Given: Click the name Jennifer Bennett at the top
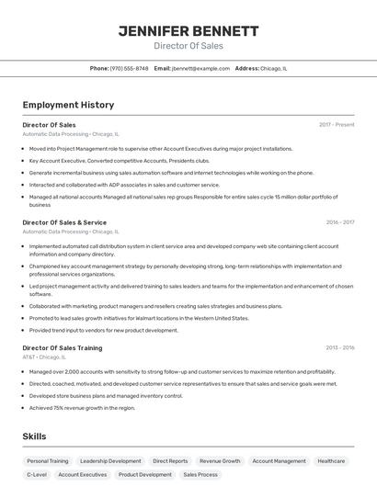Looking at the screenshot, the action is click(x=188, y=30).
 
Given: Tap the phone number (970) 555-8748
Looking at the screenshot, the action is click(x=129, y=68).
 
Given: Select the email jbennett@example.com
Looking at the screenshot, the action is click(x=200, y=68).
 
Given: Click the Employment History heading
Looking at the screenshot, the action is click(x=68, y=105).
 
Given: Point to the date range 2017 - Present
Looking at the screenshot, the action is click(x=337, y=124).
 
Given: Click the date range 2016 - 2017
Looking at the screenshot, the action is click(x=340, y=222).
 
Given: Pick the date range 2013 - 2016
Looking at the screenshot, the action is click(x=340, y=348).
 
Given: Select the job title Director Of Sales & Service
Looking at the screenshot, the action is click(x=64, y=222).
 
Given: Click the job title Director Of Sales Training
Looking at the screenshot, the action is click(x=63, y=348).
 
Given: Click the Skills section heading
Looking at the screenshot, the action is click(x=35, y=436).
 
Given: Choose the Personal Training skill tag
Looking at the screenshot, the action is click(x=48, y=461).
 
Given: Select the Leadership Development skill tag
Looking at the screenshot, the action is click(x=110, y=461).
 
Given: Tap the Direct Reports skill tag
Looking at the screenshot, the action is click(x=170, y=461).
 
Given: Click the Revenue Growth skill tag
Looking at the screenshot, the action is click(x=220, y=461).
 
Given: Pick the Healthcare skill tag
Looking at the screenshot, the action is click(x=331, y=461).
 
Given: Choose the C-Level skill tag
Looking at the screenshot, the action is click(x=37, y=475).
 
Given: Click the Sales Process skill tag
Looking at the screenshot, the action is click(x=200, y=475).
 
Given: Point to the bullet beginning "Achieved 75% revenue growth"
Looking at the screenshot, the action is click(x=82, y=407).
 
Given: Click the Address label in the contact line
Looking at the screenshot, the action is click(x=246, y=68).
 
